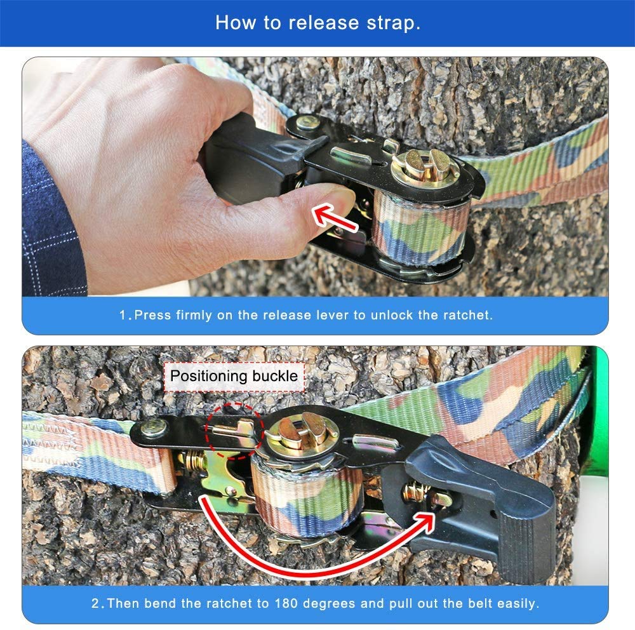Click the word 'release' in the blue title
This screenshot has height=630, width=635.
324,23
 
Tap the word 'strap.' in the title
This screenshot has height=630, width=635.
393,23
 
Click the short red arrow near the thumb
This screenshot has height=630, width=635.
335,217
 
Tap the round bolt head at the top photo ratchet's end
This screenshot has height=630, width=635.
307,122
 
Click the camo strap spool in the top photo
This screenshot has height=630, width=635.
420,227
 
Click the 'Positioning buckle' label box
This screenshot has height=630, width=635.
234,377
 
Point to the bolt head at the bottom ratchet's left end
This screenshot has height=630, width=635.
154,427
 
